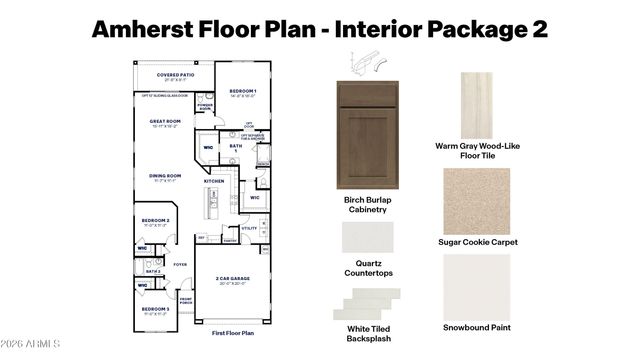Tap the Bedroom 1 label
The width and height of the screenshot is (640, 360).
click(x=243, y=91)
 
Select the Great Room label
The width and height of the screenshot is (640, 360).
click(x=164, y=122)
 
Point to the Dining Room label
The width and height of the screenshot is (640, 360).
click(x=165, y=176)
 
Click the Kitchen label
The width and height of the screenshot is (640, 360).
click(x=214, y=181)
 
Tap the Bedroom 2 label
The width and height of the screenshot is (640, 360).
click(x=155, y=221)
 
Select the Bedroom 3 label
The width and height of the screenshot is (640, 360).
click(x=155, y=310)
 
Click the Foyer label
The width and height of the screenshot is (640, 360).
click(x=180, y=264)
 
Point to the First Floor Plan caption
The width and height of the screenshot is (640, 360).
click(x=233, y=332)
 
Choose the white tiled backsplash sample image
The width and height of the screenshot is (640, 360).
click(x=369, y=302)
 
